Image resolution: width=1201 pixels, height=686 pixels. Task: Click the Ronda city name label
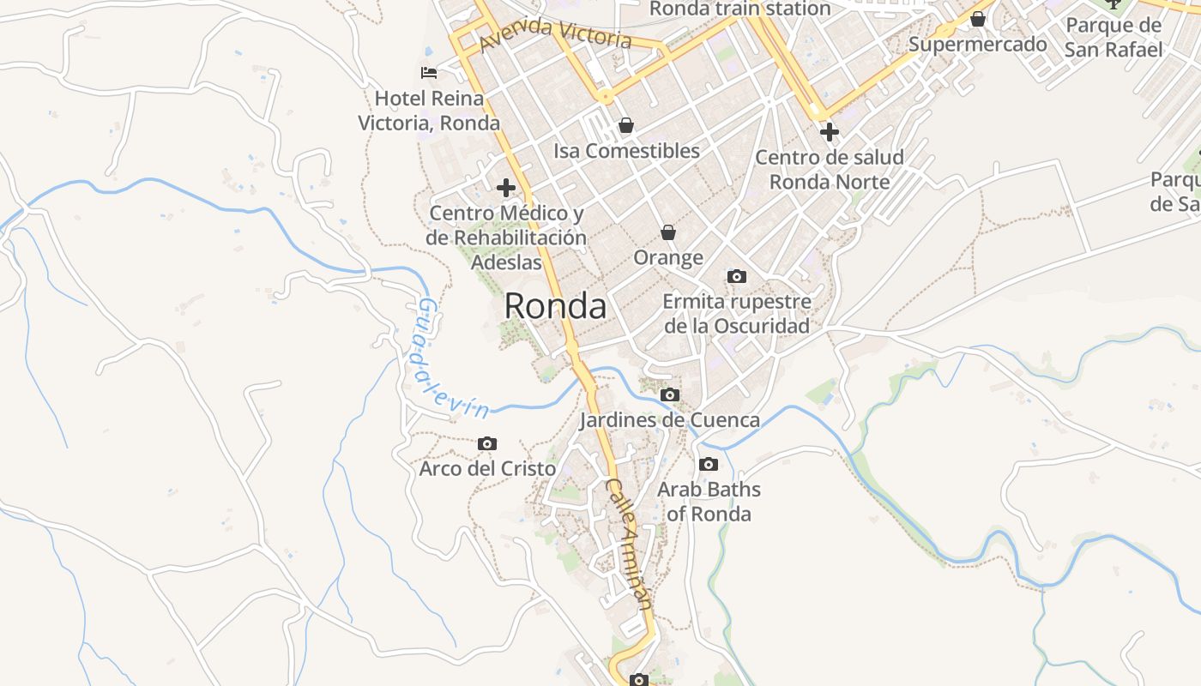point(555,306)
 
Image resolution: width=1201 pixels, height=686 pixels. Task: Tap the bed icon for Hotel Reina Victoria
point(429,73)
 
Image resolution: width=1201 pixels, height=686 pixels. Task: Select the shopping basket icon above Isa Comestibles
point(626,126)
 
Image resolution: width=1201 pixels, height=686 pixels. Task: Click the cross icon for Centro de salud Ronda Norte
point(829,132)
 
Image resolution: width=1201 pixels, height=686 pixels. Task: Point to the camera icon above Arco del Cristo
point(487,443)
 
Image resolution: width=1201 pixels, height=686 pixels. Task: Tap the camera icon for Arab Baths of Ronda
point(709,464)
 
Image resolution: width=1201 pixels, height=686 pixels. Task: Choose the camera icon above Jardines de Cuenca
point(670,394)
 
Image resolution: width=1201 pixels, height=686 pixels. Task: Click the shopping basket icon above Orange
point(668,232)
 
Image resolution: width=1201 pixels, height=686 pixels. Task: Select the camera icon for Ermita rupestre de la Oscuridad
point(736,276)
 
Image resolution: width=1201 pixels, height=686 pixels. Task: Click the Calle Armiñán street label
point(630,544)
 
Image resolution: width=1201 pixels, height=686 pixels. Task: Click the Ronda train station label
point(740,9)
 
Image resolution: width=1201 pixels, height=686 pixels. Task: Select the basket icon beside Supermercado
point(978,19)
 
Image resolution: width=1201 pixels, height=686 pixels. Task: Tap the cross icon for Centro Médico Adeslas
point(506,187)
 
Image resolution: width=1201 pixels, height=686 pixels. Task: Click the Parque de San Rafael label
point(1113,37)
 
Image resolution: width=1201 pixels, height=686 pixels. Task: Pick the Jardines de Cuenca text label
point(669,420)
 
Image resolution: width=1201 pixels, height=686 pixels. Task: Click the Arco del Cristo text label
point(487,469)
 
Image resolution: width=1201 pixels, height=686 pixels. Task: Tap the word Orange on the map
point(668,257)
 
